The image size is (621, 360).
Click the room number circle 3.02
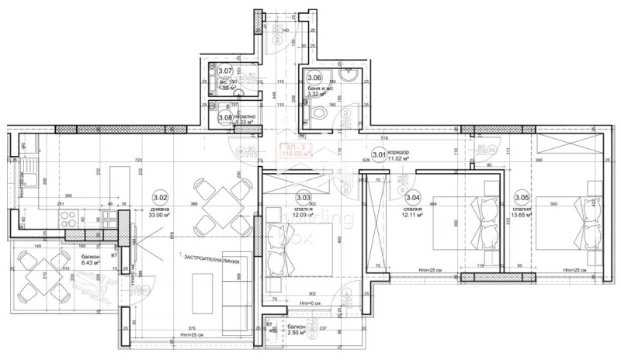(161, 197)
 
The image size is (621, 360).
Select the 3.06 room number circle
(314, 78)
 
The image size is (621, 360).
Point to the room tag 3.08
(225, 118)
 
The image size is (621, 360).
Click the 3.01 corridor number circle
(379, 155)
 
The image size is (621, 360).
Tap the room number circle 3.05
(522, 197)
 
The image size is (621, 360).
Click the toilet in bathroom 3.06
(318, 113)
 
